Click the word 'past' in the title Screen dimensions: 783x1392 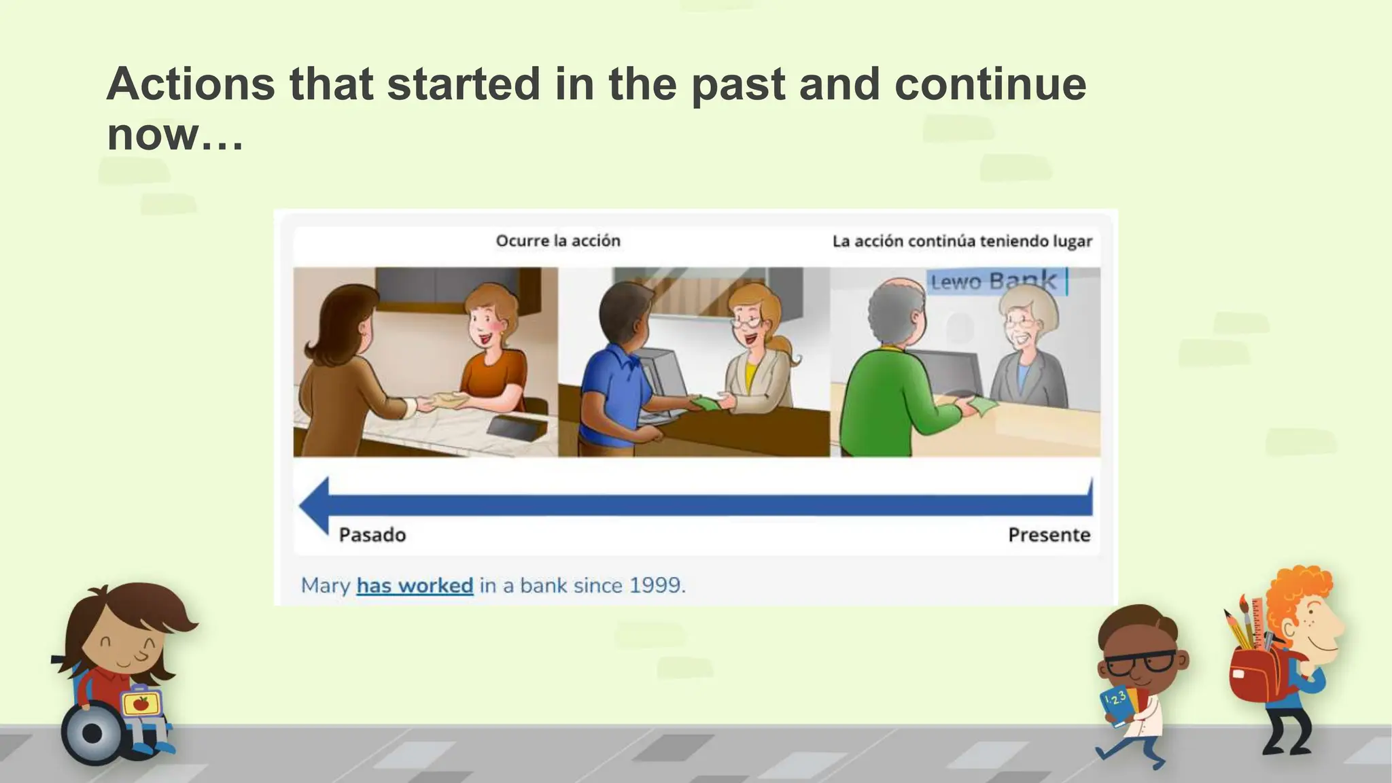click(x=738, y=85)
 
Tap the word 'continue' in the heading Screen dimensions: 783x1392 click(x=990, y=85)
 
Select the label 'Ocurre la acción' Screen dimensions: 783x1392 click(x=558, y=241)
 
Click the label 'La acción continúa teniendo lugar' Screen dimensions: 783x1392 click(x=962, y=241)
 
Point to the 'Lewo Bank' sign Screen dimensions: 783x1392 click(x=993, y=281)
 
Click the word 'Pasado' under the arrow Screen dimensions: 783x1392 click(x=372, y=535)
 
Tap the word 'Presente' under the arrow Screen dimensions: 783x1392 click(x=1049, y=535)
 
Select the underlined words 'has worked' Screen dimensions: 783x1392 click(x=415, y=585)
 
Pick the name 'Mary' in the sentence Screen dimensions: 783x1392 click(x=326, y=585)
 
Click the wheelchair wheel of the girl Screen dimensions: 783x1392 click(x=92, y=733)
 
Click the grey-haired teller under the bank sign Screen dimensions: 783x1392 click(x=1025, y=353)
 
